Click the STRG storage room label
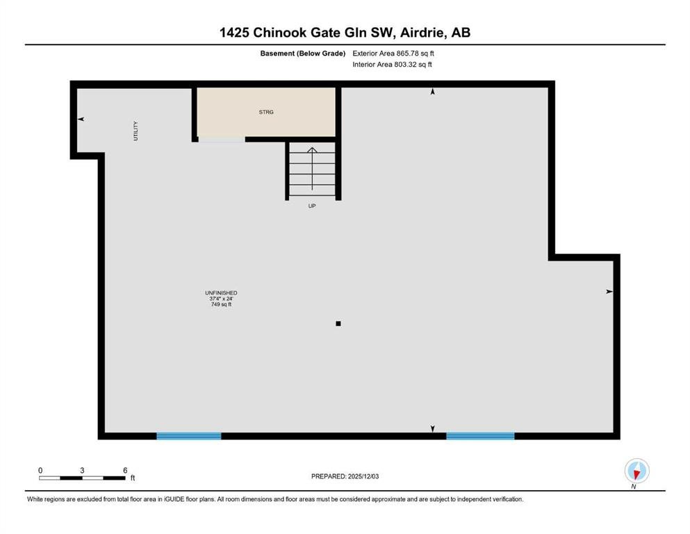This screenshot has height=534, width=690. (x=266, y=112)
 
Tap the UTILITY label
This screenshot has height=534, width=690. (x=135, y=131)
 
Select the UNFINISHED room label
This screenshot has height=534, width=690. (x=221, y=293)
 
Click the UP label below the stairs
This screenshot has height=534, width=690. (x=312, y=206)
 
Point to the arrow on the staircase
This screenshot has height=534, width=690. (x=312, y=168)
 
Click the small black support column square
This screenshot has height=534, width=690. (x=338, y=323)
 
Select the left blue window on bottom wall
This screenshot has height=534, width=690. (x=189, y=436)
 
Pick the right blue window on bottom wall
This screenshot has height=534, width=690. (x=481, y=436)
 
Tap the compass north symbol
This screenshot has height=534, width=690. (x=636, y=471)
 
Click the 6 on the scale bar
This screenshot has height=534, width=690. (x=125, y=470)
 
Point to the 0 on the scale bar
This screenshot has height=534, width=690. (x=40, y=470)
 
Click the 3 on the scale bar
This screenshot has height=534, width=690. (x=82, y=470)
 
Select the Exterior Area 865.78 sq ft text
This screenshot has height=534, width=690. (x=393, y=54)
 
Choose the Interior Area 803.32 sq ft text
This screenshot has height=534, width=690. (x=392, y=64)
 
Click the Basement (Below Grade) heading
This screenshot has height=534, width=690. (x=303, y=54)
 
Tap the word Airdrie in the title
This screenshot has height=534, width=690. (x=422, y=33)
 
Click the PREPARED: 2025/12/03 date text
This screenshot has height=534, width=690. (x=345, y=476)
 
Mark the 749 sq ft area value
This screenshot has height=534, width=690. (x=222, y=305)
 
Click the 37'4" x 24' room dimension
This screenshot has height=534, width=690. (x=222, y=298)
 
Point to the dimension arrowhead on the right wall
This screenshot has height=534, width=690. (x=609, y=291)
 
